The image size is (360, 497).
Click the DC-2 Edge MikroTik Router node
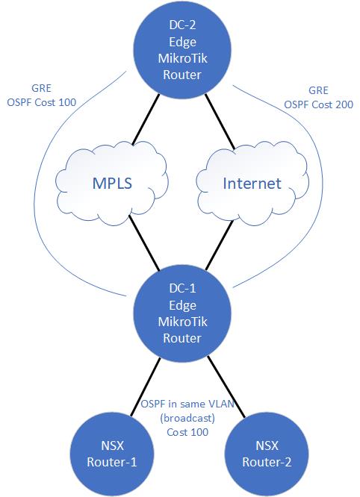point(182,49)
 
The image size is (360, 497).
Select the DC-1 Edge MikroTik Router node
point(182,313)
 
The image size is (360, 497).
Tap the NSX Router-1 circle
point(111,454)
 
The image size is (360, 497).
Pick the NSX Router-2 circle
point(267,454)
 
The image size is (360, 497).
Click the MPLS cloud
point(112,184)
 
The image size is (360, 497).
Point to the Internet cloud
point(252,184)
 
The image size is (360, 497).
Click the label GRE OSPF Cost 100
point(42,95)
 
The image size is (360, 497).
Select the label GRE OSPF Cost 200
point(318,97)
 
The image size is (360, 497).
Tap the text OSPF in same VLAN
point(187,404)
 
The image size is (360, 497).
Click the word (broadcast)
point(187,419)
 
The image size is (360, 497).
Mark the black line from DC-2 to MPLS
point(146,119)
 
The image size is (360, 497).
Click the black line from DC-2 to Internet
point(220,122)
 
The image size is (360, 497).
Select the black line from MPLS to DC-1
point(143,243)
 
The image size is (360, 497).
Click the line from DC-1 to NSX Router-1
point(146,386)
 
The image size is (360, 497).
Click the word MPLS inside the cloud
point(112,184)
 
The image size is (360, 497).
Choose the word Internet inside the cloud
point(252,184)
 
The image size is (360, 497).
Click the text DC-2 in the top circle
point(182,25)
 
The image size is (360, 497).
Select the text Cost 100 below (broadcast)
point(187,432)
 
